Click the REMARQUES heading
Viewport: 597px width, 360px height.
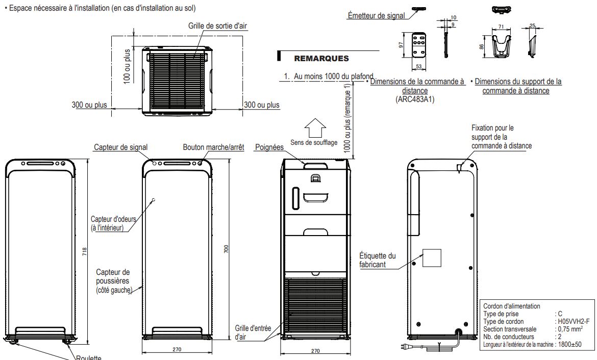pyautogui.click(x=321, y=59)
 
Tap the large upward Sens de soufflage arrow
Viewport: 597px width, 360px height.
pyautogui.click(x=315, y=126)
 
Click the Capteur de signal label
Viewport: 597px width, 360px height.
pyautogui.click(x=121, y=147)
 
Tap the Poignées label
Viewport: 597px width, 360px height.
pyautogui.click(x=269, y=147)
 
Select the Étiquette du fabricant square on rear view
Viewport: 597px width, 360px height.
pyautogui.click(x=431, y=258)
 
